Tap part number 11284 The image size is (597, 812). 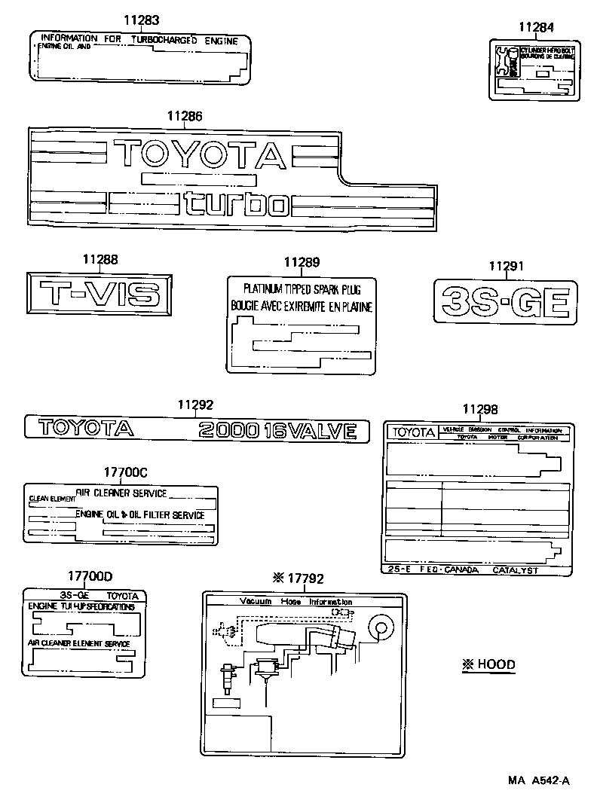coord(536,28)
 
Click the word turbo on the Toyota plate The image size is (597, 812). coord(237,203)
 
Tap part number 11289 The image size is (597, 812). coord(302,262)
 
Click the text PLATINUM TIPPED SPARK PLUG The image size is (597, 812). coord(302,288)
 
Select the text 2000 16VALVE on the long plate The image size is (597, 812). coord(277,430)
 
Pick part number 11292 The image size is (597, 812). coord(196,404)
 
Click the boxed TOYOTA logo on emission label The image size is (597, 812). coord(412,432)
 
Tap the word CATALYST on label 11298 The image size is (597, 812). coord(516,570)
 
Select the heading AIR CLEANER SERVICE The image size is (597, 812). coord(121,493)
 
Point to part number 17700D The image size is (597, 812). coord(90,576)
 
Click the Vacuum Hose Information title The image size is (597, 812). coord(295,602)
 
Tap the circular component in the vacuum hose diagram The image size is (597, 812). coord(379,627)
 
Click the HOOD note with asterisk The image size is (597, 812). coord(488,664)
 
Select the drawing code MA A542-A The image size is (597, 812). coord(538,780)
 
